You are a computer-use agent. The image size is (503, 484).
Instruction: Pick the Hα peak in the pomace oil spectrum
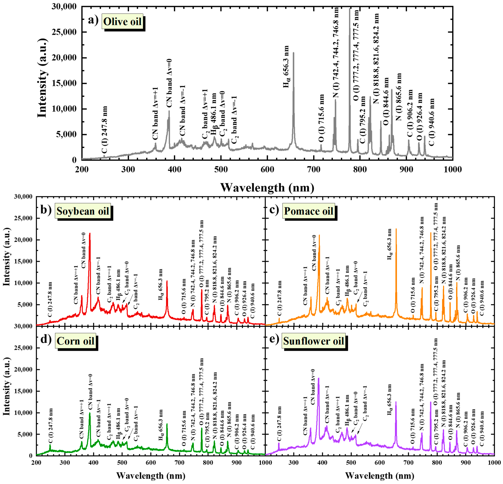(x=396, y=229)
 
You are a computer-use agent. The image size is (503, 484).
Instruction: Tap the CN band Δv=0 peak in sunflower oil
(x=318, y=378)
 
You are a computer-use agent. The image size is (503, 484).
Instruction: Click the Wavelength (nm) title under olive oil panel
(x=267, y=188)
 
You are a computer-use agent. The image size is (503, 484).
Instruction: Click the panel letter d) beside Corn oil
(x=46, y=340)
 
